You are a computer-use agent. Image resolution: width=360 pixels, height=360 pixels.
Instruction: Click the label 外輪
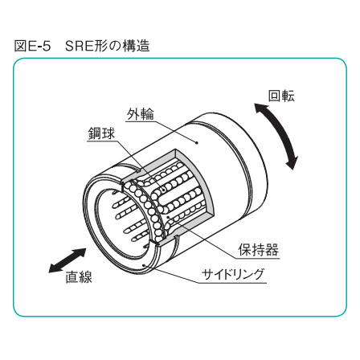141,114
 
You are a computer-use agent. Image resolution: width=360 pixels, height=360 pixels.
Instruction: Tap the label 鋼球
101,133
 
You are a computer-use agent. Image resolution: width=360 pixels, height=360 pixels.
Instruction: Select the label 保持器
258,250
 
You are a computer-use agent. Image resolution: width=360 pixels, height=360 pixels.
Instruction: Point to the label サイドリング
233,274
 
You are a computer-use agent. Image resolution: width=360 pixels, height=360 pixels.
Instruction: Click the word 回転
281,96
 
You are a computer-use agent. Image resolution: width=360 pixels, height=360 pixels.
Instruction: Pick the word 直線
79,277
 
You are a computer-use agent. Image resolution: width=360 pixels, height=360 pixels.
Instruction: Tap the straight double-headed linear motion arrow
67,260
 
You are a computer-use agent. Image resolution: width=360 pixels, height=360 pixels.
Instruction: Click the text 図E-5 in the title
32,46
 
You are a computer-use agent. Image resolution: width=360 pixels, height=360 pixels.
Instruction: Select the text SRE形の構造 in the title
107,46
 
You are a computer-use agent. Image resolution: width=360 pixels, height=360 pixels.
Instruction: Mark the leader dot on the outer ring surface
197,143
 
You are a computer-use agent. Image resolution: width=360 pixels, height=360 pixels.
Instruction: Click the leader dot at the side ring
145,265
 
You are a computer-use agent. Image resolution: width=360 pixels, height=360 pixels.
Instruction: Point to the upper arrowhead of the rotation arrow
260,108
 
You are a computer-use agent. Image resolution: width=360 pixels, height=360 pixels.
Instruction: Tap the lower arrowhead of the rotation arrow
292,163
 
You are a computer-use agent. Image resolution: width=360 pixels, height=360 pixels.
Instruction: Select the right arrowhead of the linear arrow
81,252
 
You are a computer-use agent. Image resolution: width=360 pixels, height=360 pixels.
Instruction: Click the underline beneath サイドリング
232,283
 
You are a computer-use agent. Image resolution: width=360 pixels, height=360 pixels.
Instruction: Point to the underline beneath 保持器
257,259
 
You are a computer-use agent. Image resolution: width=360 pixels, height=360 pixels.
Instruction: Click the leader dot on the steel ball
163,190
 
